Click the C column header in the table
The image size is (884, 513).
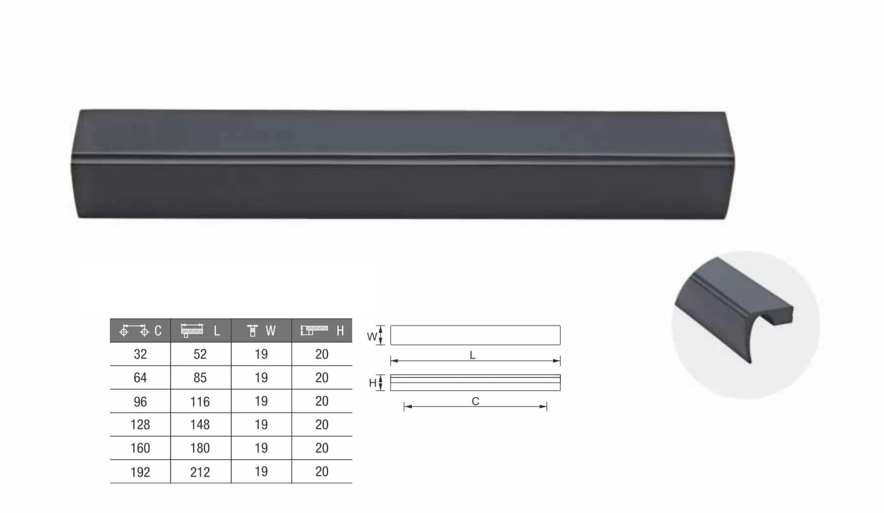140,330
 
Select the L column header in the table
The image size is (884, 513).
201,330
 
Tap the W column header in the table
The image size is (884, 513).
261,330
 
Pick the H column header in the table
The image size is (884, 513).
322,330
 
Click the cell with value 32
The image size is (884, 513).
140,354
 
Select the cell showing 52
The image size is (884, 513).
200,354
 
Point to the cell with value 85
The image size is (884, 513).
200,378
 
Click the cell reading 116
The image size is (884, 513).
200,402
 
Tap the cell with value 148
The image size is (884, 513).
200,424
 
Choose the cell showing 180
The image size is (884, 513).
200,448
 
